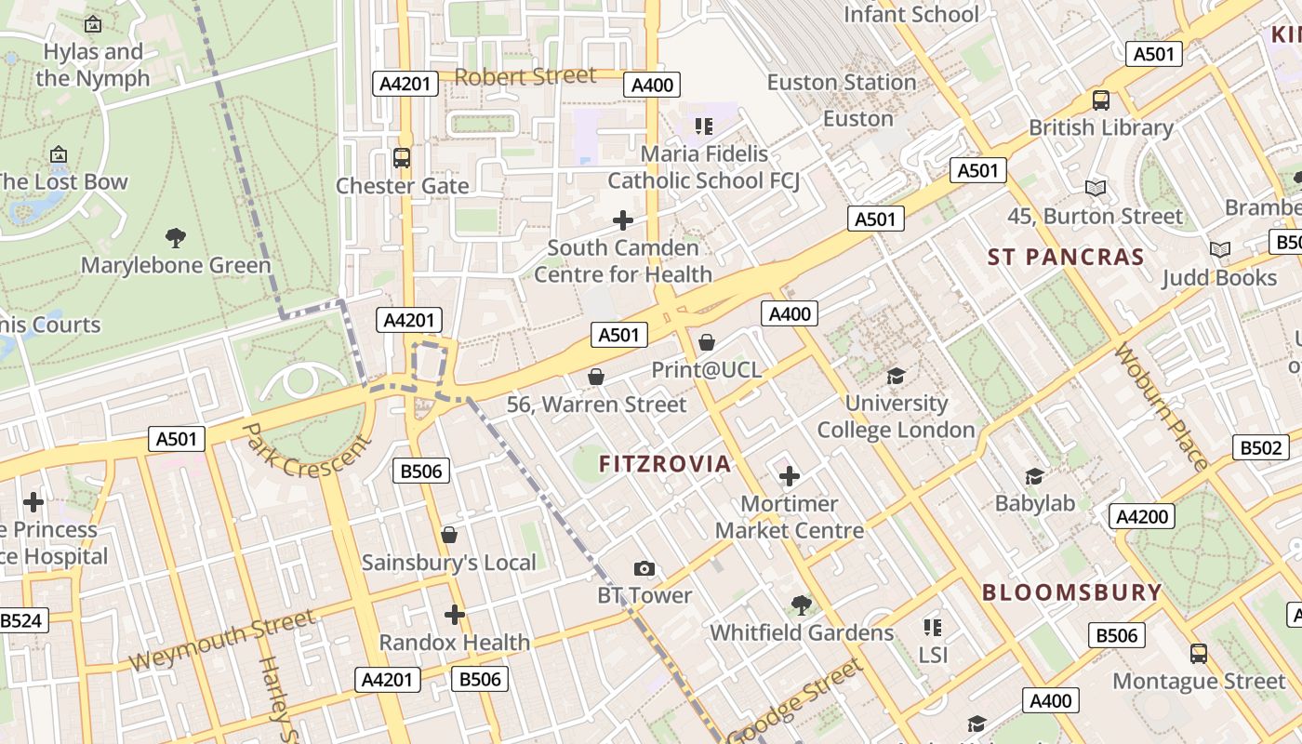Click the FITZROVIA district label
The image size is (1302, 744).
point(665,463)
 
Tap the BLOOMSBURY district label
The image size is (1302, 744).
point(1072,592)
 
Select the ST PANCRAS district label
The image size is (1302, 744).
point(1066,257)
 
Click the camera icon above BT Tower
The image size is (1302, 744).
point(644,568)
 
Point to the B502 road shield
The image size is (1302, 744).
point(1261,447)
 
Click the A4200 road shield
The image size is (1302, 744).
point(1142,516)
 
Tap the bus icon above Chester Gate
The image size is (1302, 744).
point(402,157)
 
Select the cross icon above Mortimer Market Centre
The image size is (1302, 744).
point(789,477)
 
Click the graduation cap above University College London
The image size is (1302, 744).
point(896,376)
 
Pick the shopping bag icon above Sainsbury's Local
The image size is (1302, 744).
point(449,535)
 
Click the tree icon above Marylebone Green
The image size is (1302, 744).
point(175,237)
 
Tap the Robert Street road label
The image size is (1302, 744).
point(525,76)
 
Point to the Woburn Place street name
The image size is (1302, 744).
point(1161,405)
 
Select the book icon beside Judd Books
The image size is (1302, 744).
point(1219,249)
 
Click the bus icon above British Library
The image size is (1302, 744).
point(1101,100)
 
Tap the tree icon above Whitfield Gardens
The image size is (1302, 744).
point(801,605)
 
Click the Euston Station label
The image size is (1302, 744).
point(842,83)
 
